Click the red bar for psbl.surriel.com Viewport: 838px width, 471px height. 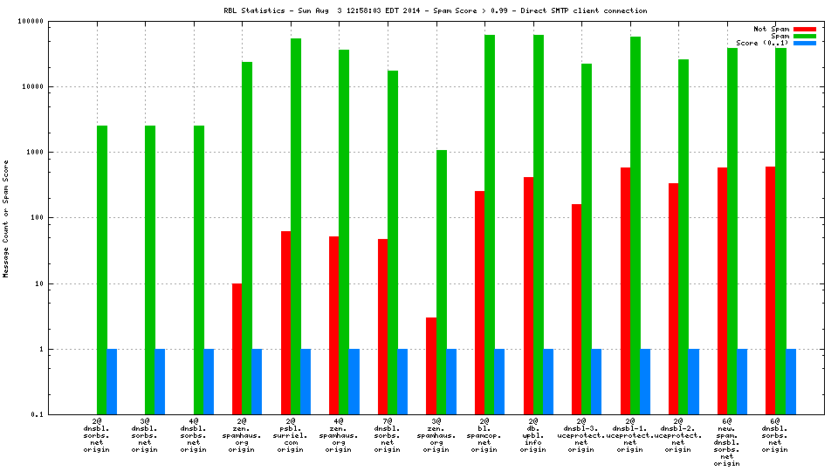click(286, 323)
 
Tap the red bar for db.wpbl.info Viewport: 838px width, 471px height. click(528, 296)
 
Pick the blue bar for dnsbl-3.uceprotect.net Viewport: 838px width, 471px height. click(596, 381)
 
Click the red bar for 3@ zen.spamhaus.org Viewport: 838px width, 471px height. click(431, 365)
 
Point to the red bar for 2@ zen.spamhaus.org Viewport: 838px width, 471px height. click(237, 349)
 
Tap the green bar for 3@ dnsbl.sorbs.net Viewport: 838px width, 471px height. click(150, 270)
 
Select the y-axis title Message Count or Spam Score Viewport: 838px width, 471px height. click(6, 218)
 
